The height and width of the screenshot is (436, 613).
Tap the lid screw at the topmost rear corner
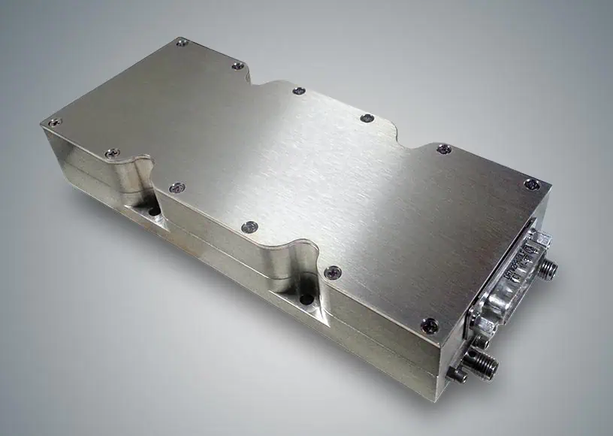182,43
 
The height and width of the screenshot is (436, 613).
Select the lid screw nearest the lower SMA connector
430,325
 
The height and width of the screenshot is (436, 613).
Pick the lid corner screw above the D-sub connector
531,183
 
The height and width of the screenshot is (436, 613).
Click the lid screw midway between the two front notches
250,226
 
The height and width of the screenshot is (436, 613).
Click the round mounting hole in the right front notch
306,298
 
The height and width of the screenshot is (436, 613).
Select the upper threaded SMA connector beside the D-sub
548,267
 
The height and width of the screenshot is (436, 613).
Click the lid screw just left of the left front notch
112,154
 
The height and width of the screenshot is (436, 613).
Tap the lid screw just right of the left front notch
176,187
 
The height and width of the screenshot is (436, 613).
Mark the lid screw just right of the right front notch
333,271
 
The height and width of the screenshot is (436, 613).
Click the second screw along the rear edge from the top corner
237,66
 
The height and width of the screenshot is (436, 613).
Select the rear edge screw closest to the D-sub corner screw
444,149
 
